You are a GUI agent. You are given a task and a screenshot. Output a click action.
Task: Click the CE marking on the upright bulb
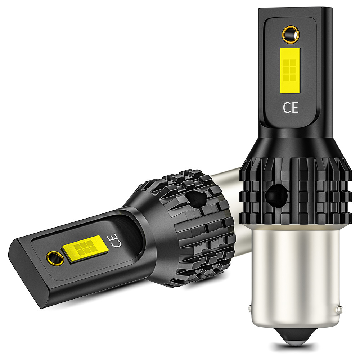[x=291, y=107]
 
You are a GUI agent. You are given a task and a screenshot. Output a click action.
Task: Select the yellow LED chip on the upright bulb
[x=290, y=71]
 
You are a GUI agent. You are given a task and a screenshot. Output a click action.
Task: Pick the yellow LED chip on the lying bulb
[x=85, y=249]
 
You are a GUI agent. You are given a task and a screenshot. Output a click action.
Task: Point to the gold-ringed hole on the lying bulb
[x=55, y=258]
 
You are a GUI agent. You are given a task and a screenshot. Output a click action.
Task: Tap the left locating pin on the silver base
[x=250, y=309]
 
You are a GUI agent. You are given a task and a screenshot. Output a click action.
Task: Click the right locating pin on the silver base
[x=340, y=309]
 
